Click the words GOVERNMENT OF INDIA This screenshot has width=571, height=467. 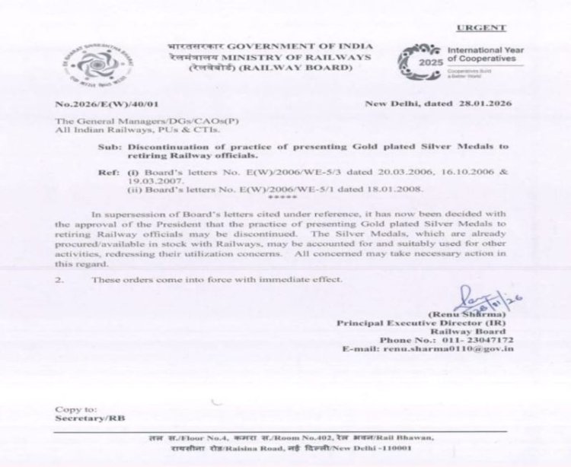[281, 44]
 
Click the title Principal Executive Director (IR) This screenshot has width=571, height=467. [423, 322]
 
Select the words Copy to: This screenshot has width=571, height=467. [75, 408]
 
